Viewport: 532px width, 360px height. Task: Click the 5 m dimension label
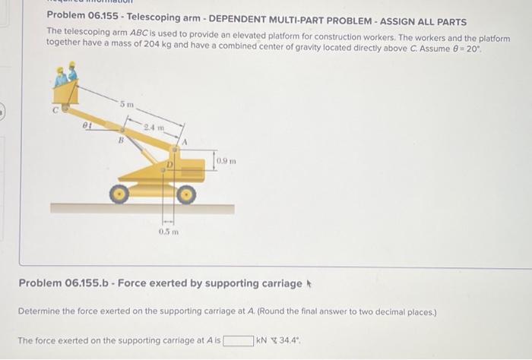128,103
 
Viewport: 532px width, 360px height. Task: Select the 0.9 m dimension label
226,160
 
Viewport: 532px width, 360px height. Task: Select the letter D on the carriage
171,163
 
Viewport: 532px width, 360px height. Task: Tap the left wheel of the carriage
118,194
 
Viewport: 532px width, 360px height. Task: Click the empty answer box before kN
238,340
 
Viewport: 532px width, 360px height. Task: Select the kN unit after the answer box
261,340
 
